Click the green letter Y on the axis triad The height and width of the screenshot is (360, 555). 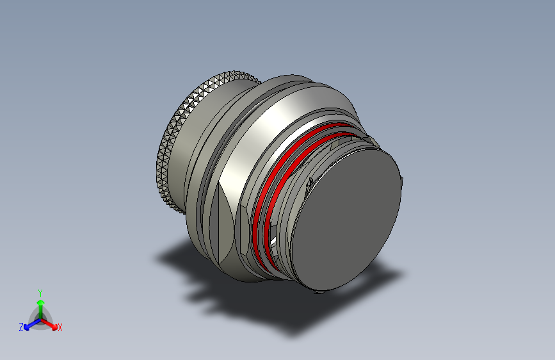coord(40,291)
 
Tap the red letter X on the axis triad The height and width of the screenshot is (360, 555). coord(60,328)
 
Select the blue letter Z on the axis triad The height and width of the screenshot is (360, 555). coord(21,327)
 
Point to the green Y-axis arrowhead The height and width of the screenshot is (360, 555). coord(40,302)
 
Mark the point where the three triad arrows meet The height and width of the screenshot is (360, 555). coord(40,318)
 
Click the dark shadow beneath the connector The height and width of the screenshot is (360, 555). coord(256,301)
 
